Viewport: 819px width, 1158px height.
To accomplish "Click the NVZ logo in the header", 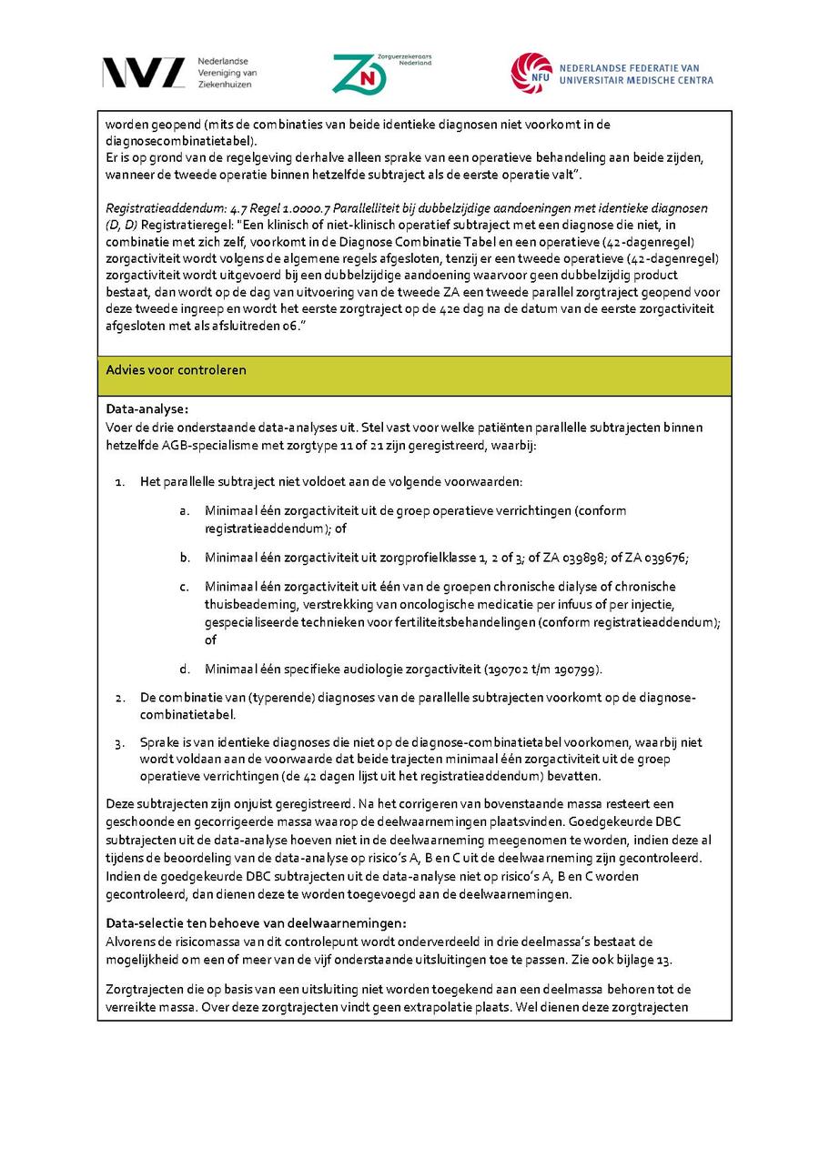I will coord(143,73).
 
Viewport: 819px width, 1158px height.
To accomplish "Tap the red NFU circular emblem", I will coord(531,73).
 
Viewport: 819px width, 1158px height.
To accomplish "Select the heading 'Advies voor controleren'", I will coord(176,370).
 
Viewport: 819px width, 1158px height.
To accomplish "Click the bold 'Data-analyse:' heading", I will coord(147,409).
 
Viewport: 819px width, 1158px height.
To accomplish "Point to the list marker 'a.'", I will coord(185,511).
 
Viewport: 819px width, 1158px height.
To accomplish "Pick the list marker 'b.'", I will coord(185,558).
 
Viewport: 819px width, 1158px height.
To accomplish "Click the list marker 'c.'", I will coord(185,587).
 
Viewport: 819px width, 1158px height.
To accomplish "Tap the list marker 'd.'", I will coord(185,670).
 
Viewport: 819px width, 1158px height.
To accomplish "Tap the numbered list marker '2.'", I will coord(120,698).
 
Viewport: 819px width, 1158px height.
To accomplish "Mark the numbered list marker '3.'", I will coord(120,743).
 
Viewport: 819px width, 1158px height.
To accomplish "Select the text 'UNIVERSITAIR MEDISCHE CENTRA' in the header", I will coord(636,80).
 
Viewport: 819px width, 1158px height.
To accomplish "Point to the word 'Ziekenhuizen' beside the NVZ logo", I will coord(224,84).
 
